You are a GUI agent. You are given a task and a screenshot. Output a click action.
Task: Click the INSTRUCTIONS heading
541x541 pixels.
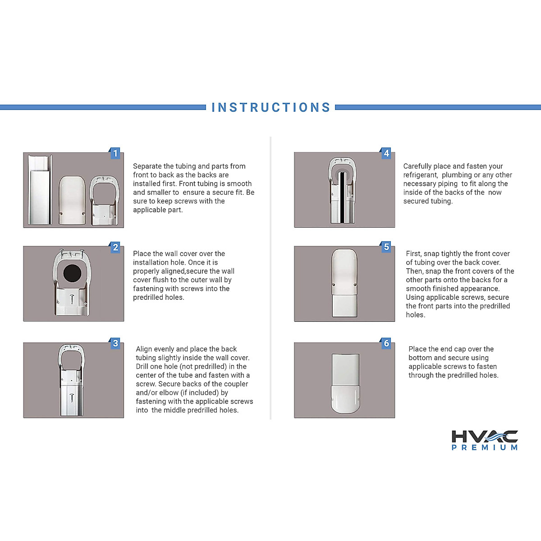(270, 107)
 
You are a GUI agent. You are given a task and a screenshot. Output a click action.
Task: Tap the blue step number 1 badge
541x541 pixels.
(115, 153)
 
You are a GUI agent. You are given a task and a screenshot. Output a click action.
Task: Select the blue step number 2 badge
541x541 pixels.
(115, 247)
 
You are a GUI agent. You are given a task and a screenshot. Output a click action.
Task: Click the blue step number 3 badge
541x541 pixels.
(115, 344)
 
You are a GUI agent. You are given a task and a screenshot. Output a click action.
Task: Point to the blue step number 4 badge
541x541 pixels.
(386, 153)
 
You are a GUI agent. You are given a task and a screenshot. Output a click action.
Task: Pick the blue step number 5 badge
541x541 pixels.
(386, 247)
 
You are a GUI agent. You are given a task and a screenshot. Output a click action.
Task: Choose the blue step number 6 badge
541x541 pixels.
(386, 344)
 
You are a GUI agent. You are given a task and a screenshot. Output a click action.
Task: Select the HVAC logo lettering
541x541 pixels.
(485, 436)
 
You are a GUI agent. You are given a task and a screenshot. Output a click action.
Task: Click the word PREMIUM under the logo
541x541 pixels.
(485, 447)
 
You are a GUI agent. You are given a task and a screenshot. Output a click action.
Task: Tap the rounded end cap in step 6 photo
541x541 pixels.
(345, 399)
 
